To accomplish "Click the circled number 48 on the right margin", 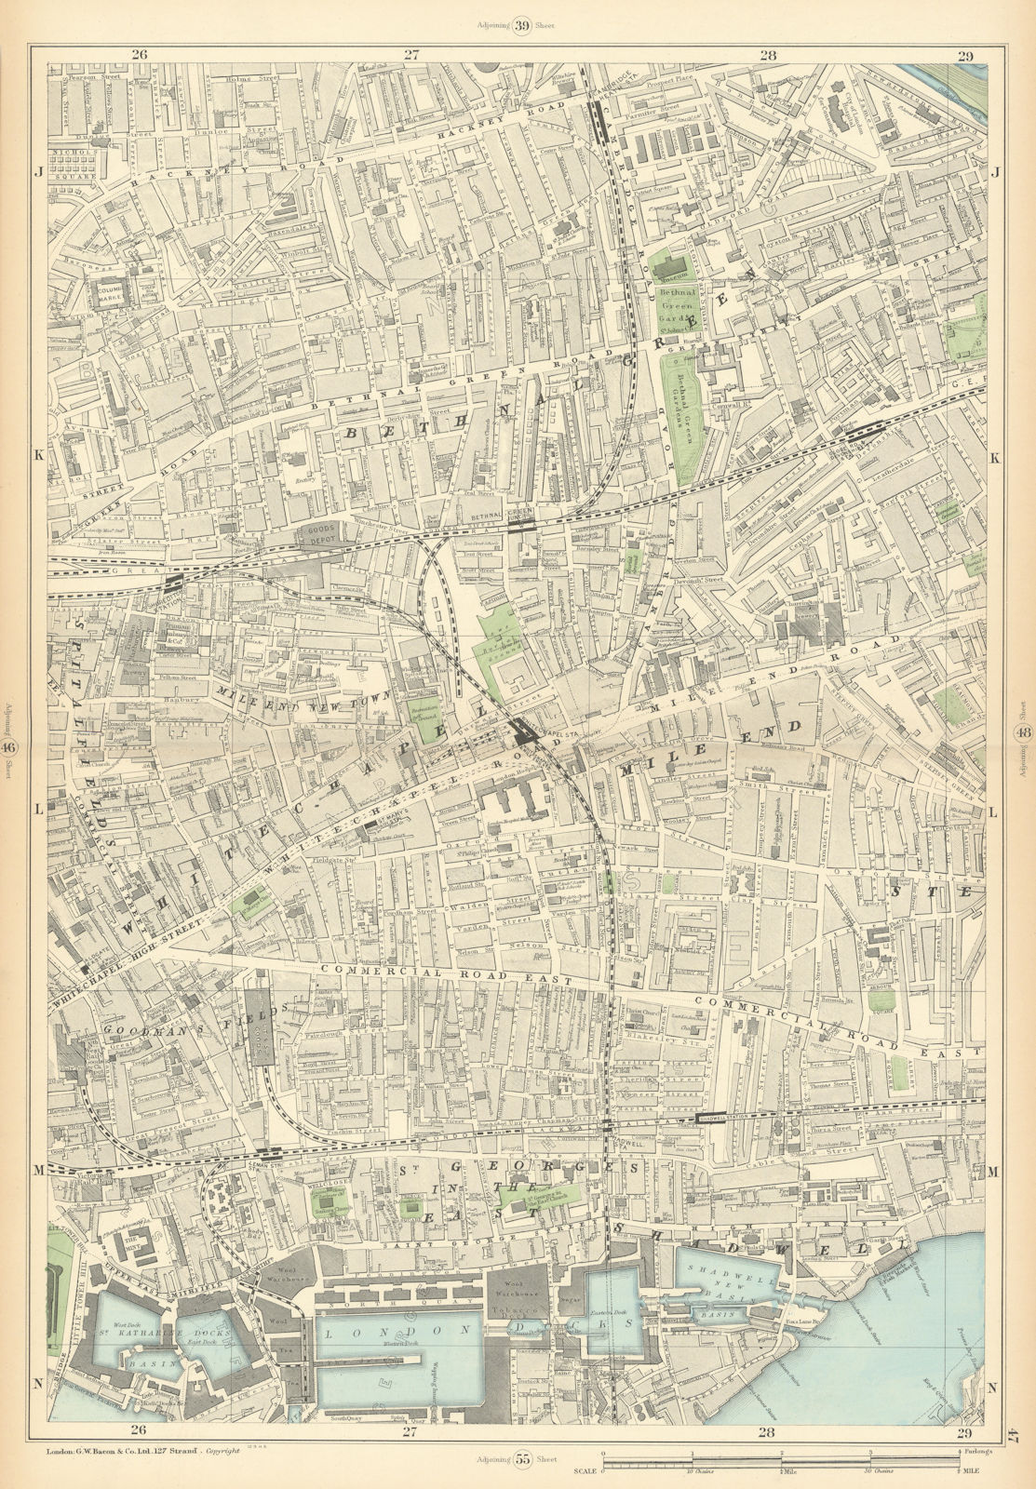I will click(1023, 731).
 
